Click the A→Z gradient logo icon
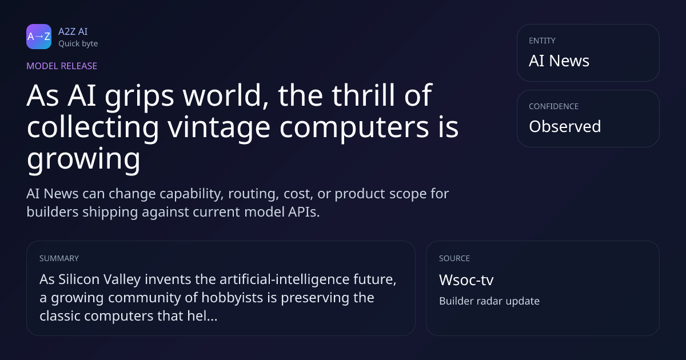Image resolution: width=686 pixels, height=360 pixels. pyautogui.click(x=39, y=37)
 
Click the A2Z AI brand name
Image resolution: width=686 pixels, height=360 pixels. pyautogui.click(x=73, y=31)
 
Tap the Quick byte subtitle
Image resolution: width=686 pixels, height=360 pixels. pyautogui.click(x=78, y=44)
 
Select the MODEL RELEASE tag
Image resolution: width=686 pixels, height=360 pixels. pyautogui.click(x=62, y=66)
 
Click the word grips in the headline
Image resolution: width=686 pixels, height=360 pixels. pyautogui.click(x=139, y=96)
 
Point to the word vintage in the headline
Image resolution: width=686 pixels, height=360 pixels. pyautogui.click(x=219, y=127)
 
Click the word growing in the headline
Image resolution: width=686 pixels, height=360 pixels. pyautogui.click(x=83, y=159)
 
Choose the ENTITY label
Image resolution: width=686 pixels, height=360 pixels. pyautogui.click(x=542, y=41)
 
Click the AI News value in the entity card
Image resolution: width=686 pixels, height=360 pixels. pyautogui.click(x=559, y=61)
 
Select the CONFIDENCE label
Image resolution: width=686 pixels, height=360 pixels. pyautogui.click(x=554, y=106)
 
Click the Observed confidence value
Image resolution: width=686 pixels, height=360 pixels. pyautogui.click(x=565, y=126)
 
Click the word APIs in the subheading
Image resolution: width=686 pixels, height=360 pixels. pyautogui.click(x=304, y=212)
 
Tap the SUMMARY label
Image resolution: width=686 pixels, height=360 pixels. pyautogui.click(x=59, y=258)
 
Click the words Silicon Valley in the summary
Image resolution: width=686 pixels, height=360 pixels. pyautogui.click(x=99, y=279)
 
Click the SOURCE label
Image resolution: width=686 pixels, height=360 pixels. pyautogui.click(x=454, y=258)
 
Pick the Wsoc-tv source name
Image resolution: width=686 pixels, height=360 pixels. pyautogui.click(x=466, y=280)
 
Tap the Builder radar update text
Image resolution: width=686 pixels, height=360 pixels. pyautogui.click(x=489, y=301)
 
